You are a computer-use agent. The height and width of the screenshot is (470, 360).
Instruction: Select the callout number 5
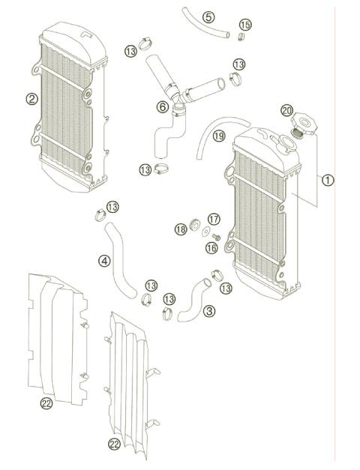(x=208, y=17)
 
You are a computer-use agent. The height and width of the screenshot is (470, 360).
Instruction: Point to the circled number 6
(x=162, y=106)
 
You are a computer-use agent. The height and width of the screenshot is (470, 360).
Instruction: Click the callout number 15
(x=245, y=25)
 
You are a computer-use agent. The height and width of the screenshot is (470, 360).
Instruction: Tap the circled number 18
(x=180, y=229)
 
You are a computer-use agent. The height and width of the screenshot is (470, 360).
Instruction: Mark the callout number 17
(x=214, y=219)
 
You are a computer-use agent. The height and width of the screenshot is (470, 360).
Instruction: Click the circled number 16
(x=212, y=247)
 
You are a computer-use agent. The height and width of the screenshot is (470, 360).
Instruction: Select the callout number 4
(x=105, y=261)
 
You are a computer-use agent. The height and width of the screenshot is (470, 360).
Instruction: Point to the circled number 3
(x=208, y=310)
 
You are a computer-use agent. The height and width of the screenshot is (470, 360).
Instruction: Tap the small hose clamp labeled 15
(x=241, y=36)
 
